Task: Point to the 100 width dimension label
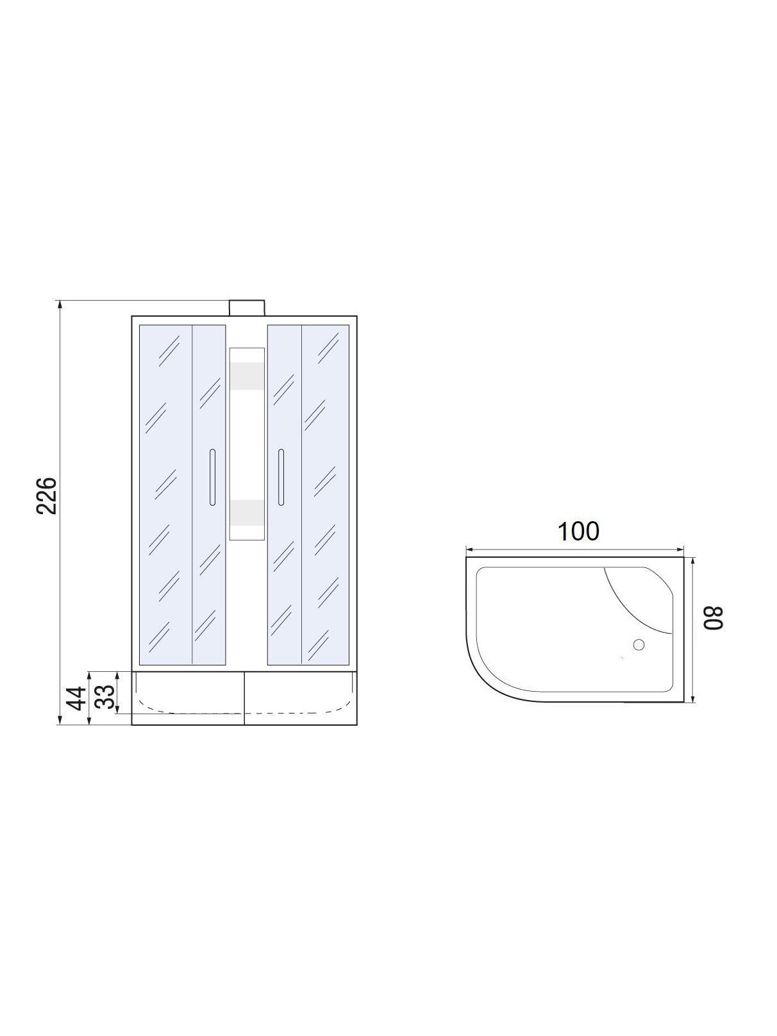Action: tap(578, 531)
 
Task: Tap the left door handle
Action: tap(212, 477)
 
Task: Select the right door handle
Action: tap(281, 477)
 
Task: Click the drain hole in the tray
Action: tap(639, 644)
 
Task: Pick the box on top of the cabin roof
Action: tap(247, 308)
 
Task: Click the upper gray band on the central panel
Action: tap(246, 376)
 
